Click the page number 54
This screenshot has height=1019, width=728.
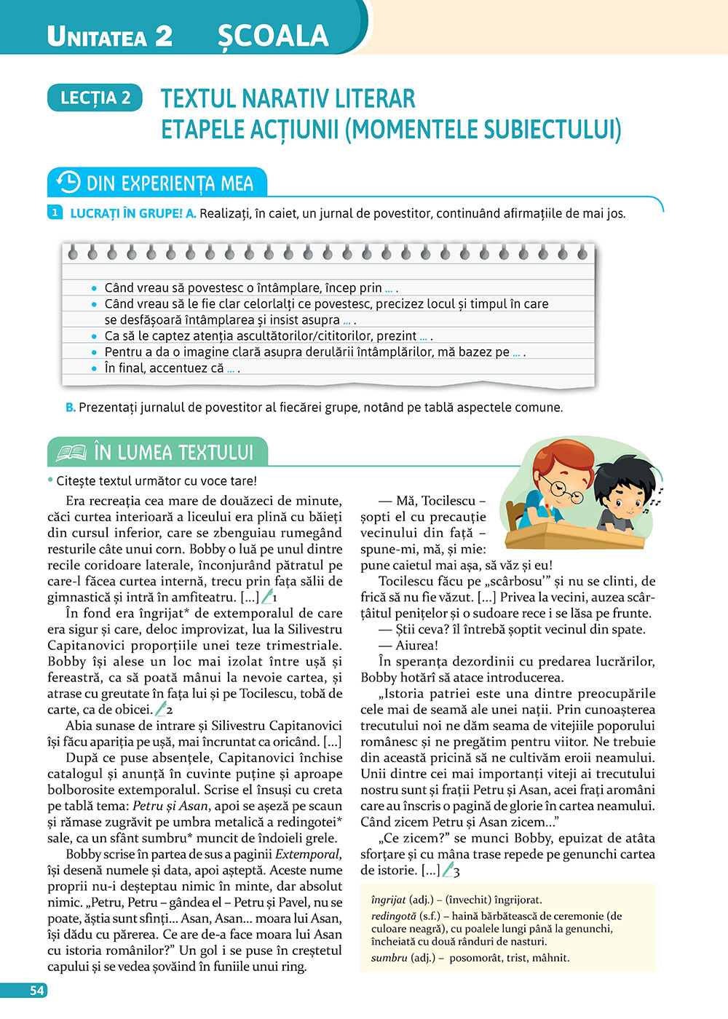pos(36,991)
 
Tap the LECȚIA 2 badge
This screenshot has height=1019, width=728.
pos(95,98)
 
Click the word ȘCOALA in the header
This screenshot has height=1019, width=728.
pos(273,36)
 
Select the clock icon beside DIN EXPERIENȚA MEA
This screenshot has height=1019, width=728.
pos(68,182)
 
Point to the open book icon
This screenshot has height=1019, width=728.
pos(71,453)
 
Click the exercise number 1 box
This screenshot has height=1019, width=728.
pos(55,213)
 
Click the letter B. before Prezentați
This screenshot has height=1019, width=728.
pos(71,408)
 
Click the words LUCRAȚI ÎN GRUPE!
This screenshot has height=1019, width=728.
pos(126,213)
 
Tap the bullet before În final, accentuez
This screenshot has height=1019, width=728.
pos(94,368)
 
